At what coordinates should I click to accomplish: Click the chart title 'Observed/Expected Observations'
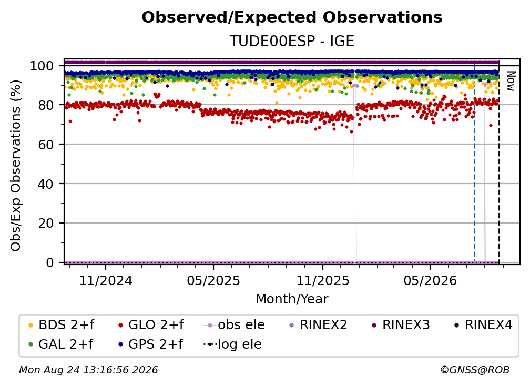click(x=292, y=17)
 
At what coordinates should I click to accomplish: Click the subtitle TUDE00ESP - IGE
click(x=292, y=41)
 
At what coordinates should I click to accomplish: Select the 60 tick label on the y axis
click(x=46, y=145)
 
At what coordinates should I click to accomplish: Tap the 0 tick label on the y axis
click(x=50, y=262)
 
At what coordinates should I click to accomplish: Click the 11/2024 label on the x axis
click(x=106, y=280)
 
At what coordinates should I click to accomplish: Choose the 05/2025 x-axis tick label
click(x=213, y=280)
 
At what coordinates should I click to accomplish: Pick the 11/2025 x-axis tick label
click(x=323, y=280)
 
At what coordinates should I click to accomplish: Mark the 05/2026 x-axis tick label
click(x=430, y=280)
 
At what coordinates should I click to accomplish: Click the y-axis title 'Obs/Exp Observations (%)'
click(x=16, y=165)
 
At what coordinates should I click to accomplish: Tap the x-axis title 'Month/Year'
click(x=292, y=299)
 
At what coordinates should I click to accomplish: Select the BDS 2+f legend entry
click(x=61, y=325)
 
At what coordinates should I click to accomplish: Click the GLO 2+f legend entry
click(x=151, y=325)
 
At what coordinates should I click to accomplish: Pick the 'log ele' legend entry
click(x=232, y=344)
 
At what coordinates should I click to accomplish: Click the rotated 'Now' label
click(x=511, y=81)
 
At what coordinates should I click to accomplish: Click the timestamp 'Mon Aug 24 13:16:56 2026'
click(x=88, y=370)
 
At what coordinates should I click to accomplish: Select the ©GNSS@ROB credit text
click(x=475, y=370)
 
